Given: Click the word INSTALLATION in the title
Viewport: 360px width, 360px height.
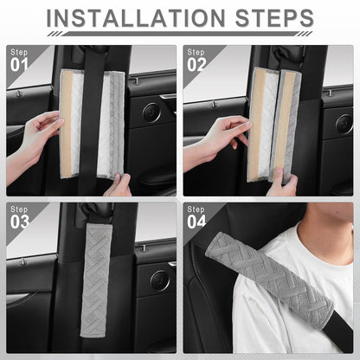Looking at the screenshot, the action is pyautogui.click(x=136, y=18).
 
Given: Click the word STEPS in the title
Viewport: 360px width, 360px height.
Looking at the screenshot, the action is pyautogui.click(x=274, y=18).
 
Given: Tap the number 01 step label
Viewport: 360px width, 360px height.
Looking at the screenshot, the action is pyautogui.click(x=19, y=65).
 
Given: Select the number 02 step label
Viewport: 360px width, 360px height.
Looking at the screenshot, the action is pyautogui.click(x=196, y=65).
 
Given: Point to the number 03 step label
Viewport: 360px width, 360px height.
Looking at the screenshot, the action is pyautogui.click(x=20, y=222).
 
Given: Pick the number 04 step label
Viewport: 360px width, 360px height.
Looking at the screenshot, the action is pyautogui.click(x=196, y=222).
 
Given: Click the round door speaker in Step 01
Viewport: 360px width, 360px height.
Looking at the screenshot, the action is pyautogui.click(x=151, y=112).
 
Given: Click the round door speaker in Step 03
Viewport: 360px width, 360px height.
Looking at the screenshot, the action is pyautogui.click(x=158, y=280).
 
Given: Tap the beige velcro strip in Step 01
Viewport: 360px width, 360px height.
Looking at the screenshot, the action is pyautogui.click(x=66, y=124).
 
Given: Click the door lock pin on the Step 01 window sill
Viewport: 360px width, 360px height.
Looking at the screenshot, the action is pyautogui.click(x=19, y=93).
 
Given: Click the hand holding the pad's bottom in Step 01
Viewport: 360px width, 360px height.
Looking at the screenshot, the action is pyautogui.click(x=119, y=184).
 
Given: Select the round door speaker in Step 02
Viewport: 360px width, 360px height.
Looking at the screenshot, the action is pyautogui.click(x=344, y=125).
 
